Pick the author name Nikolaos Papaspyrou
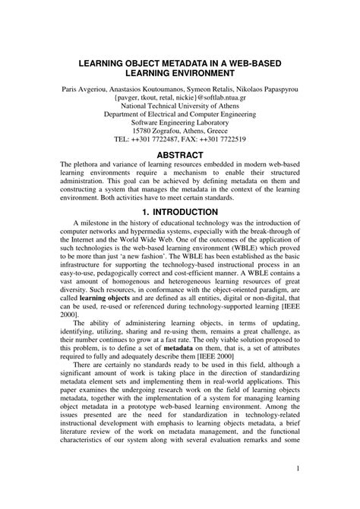265,88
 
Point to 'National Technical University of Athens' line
180,108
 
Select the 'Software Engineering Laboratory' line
180,128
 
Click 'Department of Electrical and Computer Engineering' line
180,118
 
